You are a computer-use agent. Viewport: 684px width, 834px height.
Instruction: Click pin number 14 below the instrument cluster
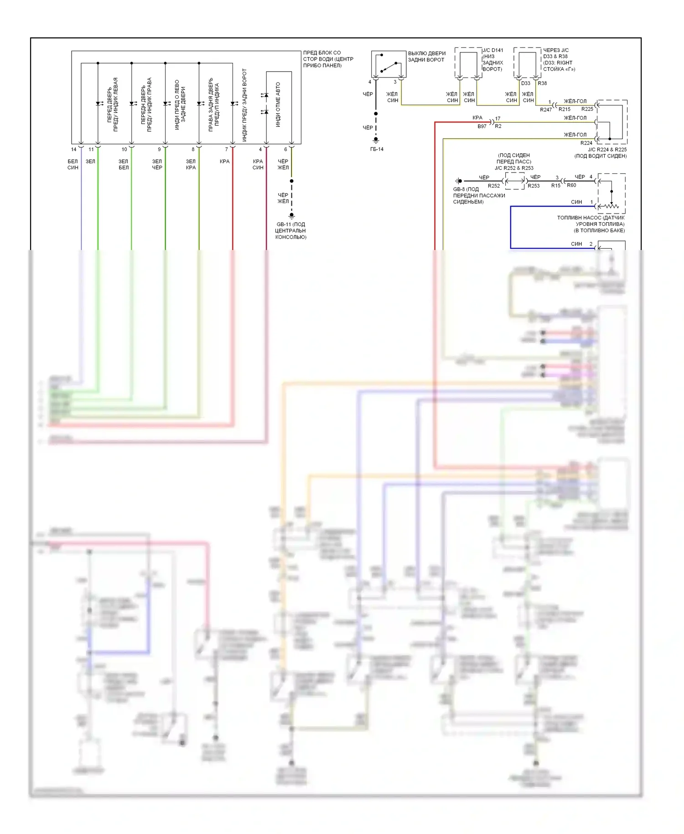point(73,150)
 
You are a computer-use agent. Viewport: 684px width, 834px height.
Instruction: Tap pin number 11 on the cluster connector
point(91,150)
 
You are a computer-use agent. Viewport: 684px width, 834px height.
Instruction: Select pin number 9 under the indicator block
point(159,150)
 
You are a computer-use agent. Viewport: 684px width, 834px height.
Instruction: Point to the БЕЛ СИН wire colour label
point(73,165)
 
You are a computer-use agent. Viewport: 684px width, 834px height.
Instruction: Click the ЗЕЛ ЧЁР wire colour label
point(157,165)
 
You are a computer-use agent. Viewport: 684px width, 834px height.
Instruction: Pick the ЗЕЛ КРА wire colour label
point(191,165)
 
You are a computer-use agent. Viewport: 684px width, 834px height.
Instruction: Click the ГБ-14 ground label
point(377,149)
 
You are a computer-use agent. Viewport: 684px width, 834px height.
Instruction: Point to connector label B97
point(482,126)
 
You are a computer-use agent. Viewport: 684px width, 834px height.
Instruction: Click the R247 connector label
point(546,110)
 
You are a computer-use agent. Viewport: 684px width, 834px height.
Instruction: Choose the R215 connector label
point(565,109)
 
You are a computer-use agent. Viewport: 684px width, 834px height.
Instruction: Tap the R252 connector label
point(494,186)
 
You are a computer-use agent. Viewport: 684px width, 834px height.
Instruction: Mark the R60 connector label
point(571,185)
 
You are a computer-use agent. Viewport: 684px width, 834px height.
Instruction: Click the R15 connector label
point(555,186)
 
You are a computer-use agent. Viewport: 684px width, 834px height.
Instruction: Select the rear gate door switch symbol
point(389,64)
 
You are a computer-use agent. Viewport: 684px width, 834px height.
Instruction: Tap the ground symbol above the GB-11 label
point(291,216)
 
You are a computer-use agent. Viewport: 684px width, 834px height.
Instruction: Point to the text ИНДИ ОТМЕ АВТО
point(278,104)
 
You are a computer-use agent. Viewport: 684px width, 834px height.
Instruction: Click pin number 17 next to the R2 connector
point(497,119)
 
